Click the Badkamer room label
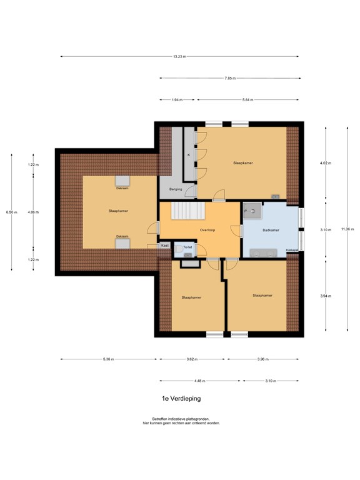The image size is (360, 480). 271,230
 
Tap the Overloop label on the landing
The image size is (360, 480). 207,229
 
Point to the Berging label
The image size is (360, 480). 174,188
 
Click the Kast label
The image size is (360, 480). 164,246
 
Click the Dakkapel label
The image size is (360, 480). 292,250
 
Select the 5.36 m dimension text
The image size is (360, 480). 109,359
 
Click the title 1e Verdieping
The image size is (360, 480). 180,397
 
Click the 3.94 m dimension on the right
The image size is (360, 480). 326,296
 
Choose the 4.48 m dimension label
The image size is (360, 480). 200,381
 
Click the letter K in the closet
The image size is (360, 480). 188,154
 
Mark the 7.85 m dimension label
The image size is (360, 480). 230,78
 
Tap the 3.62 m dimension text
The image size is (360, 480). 192,359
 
